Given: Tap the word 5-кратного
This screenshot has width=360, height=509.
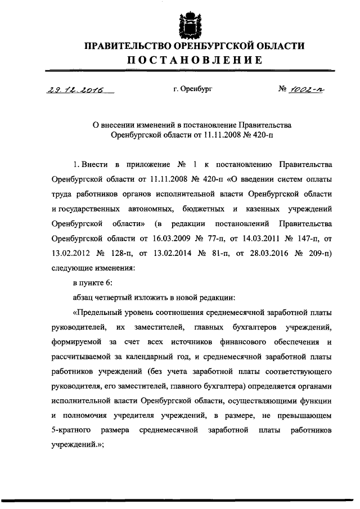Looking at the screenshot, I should click(x=73, y=429).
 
